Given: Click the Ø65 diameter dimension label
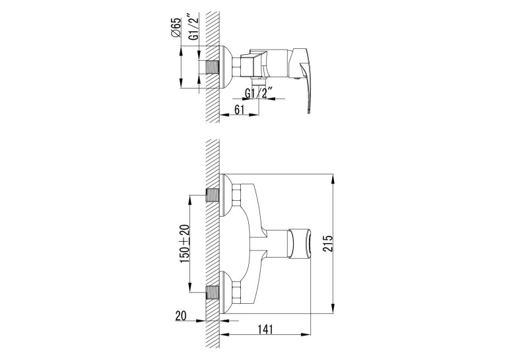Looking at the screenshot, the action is point(176,28).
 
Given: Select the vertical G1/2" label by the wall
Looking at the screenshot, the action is point(194,27).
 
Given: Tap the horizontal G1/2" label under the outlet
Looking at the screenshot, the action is point(259,93).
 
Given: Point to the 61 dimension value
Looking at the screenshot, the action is point(239,110).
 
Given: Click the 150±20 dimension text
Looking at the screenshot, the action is point(185,244).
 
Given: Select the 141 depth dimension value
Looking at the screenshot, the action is point(265,330).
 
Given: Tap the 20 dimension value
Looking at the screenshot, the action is point(181,316).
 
